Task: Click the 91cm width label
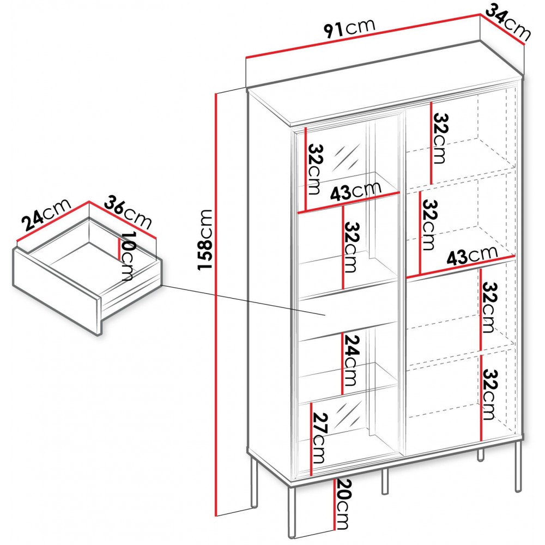(x=350, y=28)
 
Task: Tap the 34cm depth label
(x=508, y=22)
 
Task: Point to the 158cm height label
(x=205, y=240)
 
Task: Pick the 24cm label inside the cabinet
(x=352, y=360)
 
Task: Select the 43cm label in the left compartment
(x=355, y=190)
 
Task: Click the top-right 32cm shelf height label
(x=440, y=138)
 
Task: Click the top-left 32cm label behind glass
(x=315, y=169)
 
